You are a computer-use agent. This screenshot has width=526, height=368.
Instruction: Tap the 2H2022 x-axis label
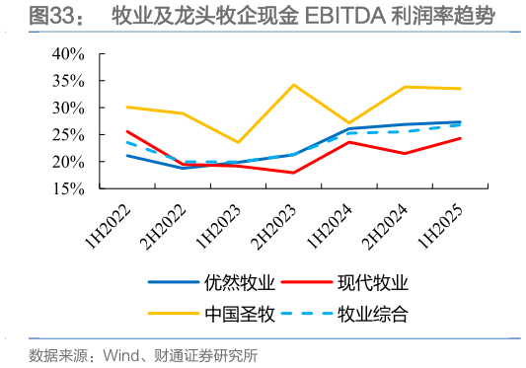pos(166,224)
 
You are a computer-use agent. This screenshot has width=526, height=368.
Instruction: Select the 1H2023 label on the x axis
pos(222,224)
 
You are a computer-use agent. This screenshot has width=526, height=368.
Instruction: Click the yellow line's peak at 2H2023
pos(294,85)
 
